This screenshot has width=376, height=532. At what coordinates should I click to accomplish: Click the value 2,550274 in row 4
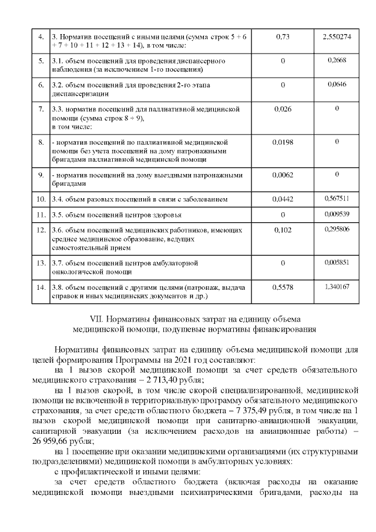337,36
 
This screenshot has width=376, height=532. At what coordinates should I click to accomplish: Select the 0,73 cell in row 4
283,36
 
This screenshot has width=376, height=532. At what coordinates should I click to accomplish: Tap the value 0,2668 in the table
337,61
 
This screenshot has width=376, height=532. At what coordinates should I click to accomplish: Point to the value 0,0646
337,85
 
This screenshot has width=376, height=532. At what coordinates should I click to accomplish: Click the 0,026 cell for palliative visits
283,109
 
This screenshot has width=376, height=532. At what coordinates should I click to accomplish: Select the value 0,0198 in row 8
283,142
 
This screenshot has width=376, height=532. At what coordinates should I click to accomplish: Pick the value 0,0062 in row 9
283,175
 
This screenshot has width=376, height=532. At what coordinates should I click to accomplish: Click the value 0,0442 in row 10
283,199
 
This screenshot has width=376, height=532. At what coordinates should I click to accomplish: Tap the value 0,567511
337,199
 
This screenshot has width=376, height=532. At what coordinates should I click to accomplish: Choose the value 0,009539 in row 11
337,214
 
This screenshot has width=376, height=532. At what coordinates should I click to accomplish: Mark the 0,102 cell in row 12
283,230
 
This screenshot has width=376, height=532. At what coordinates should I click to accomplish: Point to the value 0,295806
337,229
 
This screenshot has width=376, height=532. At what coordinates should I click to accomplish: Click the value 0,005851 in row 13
337,262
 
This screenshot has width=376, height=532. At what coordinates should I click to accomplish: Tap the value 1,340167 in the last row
337,286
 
